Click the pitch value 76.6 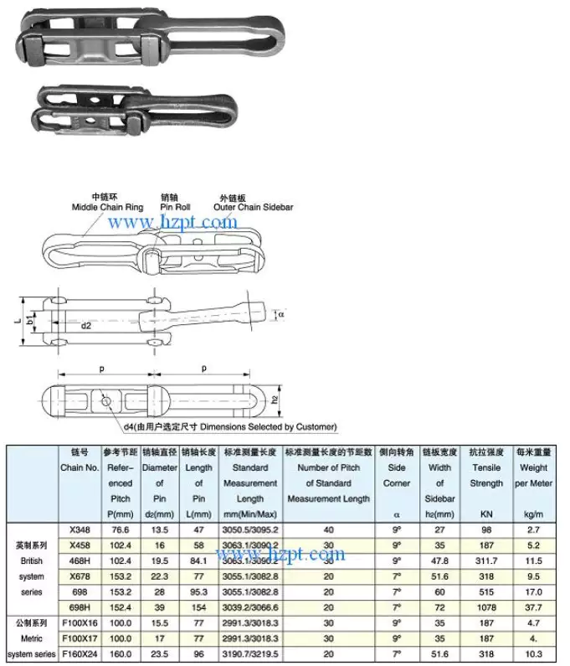[121, 529]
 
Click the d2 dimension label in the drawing [86, 325]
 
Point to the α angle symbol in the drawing [282, 314]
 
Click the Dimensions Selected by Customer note [229, 427]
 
